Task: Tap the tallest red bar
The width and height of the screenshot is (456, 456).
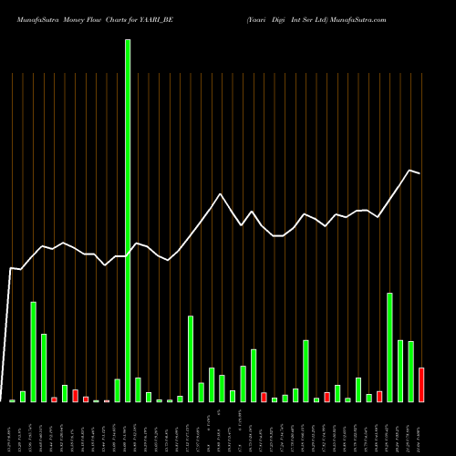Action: [421, 385]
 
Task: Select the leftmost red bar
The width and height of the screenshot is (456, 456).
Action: [55, 399]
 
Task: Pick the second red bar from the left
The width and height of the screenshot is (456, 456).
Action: [76, 396]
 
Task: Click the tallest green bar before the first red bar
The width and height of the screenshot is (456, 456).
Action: [34, 352]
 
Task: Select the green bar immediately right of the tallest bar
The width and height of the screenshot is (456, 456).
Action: [138, 390]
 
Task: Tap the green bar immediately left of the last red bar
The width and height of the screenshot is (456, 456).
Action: [410, 371]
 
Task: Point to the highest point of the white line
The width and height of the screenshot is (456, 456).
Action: [410, 171]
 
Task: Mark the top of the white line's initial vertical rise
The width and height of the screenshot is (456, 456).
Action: [11, 268]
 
